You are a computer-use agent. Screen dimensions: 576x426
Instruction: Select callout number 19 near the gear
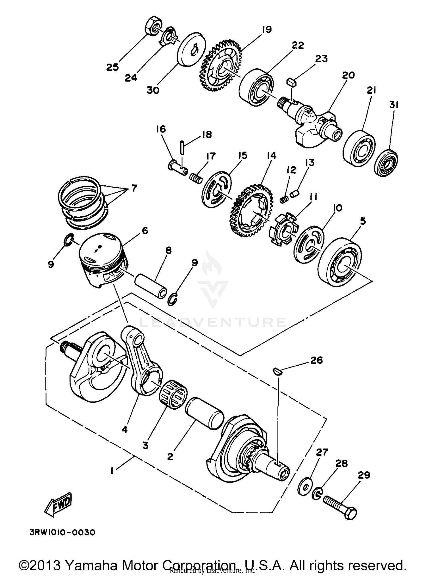pyautogui.click(x=267, y=30)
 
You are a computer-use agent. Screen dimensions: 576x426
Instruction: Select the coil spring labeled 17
pyautogui.click(x=196, y=179)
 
